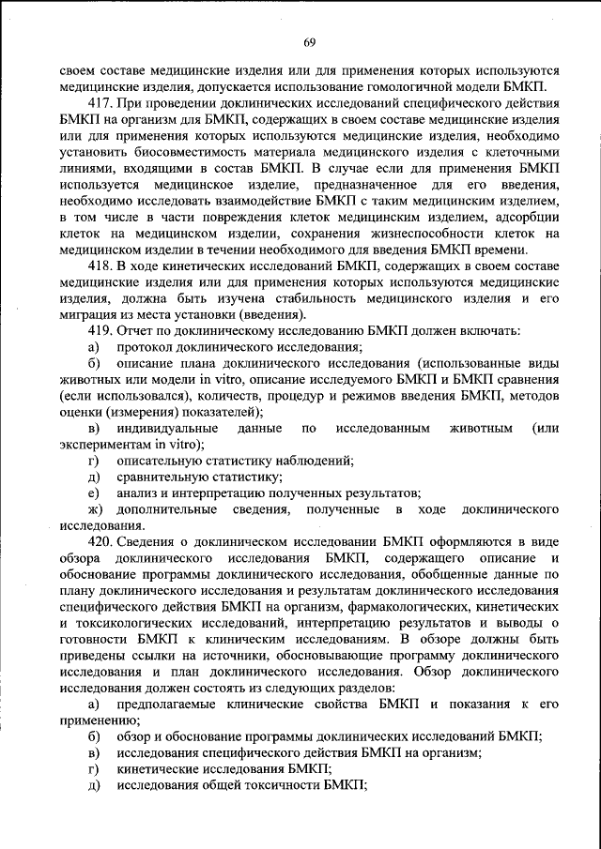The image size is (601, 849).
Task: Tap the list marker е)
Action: point(93,493)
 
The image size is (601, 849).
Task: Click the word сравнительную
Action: point(165,477)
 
